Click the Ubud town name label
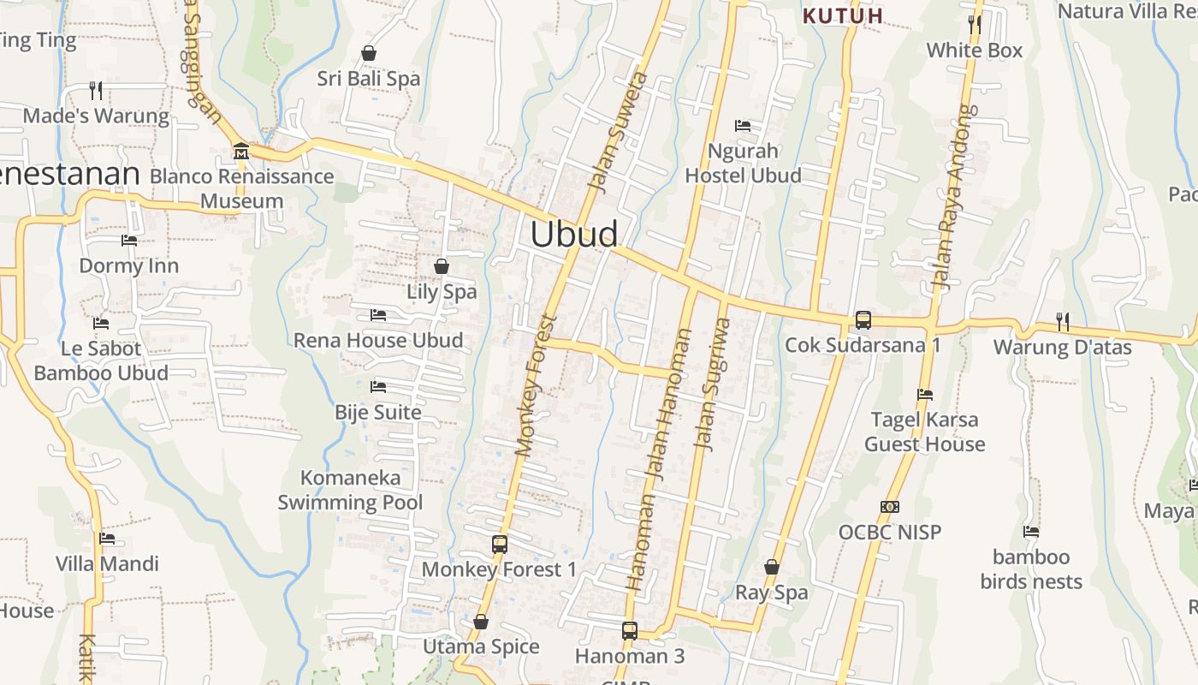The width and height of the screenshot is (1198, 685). [x=573, y=235]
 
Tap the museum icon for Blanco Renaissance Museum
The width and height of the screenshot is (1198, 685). [x=240, y=152]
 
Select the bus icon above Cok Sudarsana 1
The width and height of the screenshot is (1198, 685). [x=863, y=320]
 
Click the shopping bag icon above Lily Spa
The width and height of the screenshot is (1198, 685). [x=442, y=266]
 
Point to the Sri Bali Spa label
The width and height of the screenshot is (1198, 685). [x=369, y=79]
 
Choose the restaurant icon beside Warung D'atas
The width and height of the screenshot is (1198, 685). [x=1063, y=322]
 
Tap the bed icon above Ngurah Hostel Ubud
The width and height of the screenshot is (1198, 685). [x=743, y=126]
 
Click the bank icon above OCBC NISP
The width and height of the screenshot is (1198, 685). [x=890, y=507]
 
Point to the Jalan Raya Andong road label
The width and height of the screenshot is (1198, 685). [x=955, y=197]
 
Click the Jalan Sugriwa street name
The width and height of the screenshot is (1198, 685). [x=713, y=384]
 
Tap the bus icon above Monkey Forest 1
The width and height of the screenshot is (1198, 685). [x=500, y=544]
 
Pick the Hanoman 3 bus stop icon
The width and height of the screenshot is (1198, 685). [x=630, y=631]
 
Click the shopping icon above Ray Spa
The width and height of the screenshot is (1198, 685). [x=772, y=567]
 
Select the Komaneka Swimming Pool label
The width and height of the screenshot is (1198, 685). [x=350, y=490]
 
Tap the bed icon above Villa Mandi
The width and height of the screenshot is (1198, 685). [x=107, y=539]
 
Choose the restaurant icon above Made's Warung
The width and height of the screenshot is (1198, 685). [x=96, y=90]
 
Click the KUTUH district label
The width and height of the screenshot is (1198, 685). [x=843, y=16]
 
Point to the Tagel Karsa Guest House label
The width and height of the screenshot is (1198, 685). [x=924, y=432]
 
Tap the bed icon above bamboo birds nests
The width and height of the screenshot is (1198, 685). [x=1031, y=532]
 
